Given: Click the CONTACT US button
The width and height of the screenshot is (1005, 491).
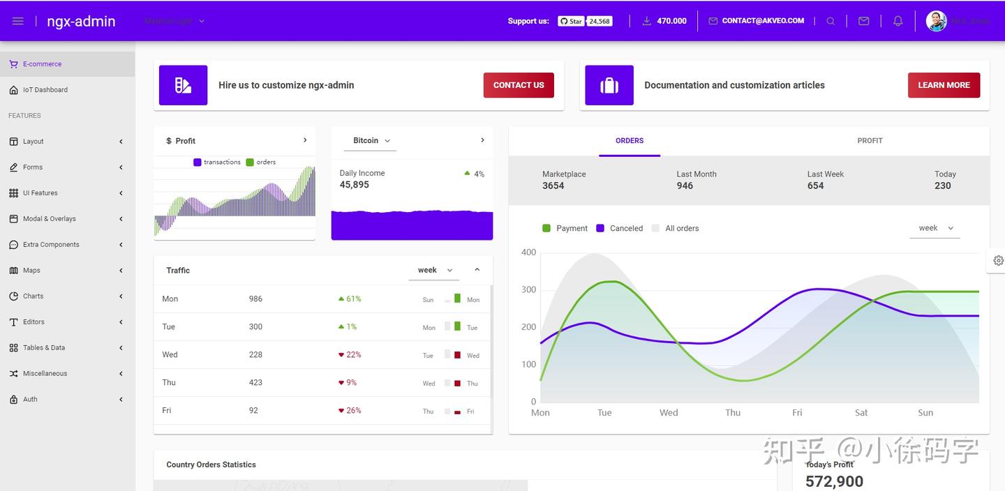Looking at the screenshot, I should (x=519, y=85).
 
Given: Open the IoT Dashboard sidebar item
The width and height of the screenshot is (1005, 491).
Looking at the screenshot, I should (x=45, y=90).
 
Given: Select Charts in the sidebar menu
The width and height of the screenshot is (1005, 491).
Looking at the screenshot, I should (x=33, y=296).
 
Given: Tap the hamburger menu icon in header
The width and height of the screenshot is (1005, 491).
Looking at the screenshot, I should (x=18, y=21).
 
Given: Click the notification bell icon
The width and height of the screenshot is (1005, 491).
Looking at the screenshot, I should (x=898, y=21).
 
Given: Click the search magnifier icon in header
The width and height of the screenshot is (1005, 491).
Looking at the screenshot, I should (x=831, y=21).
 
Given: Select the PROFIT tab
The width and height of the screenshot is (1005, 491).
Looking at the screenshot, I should (x=870, y=141).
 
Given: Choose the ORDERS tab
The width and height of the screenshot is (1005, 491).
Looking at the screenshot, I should (x=630, y=141).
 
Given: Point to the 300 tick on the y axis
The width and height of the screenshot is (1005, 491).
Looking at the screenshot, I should (x=529, y=289).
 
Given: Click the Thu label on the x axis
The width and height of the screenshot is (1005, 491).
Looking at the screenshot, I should (x=733, y=413).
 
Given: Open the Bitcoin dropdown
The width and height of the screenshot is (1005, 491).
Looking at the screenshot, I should (x=371, y=141).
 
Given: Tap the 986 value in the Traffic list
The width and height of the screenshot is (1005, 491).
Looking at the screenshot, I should (x=255, y=299).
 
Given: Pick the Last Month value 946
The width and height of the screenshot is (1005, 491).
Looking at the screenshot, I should (x=685, y=186).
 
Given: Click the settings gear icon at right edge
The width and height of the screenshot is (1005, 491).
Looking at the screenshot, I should (x=998, y=260).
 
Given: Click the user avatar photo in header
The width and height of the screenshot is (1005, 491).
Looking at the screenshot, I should (x=936, y=21).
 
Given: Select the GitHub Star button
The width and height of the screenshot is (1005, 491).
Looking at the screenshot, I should (x=571, y=21).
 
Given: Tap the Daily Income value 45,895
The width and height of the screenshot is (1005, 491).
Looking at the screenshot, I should (x=355, y=185).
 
